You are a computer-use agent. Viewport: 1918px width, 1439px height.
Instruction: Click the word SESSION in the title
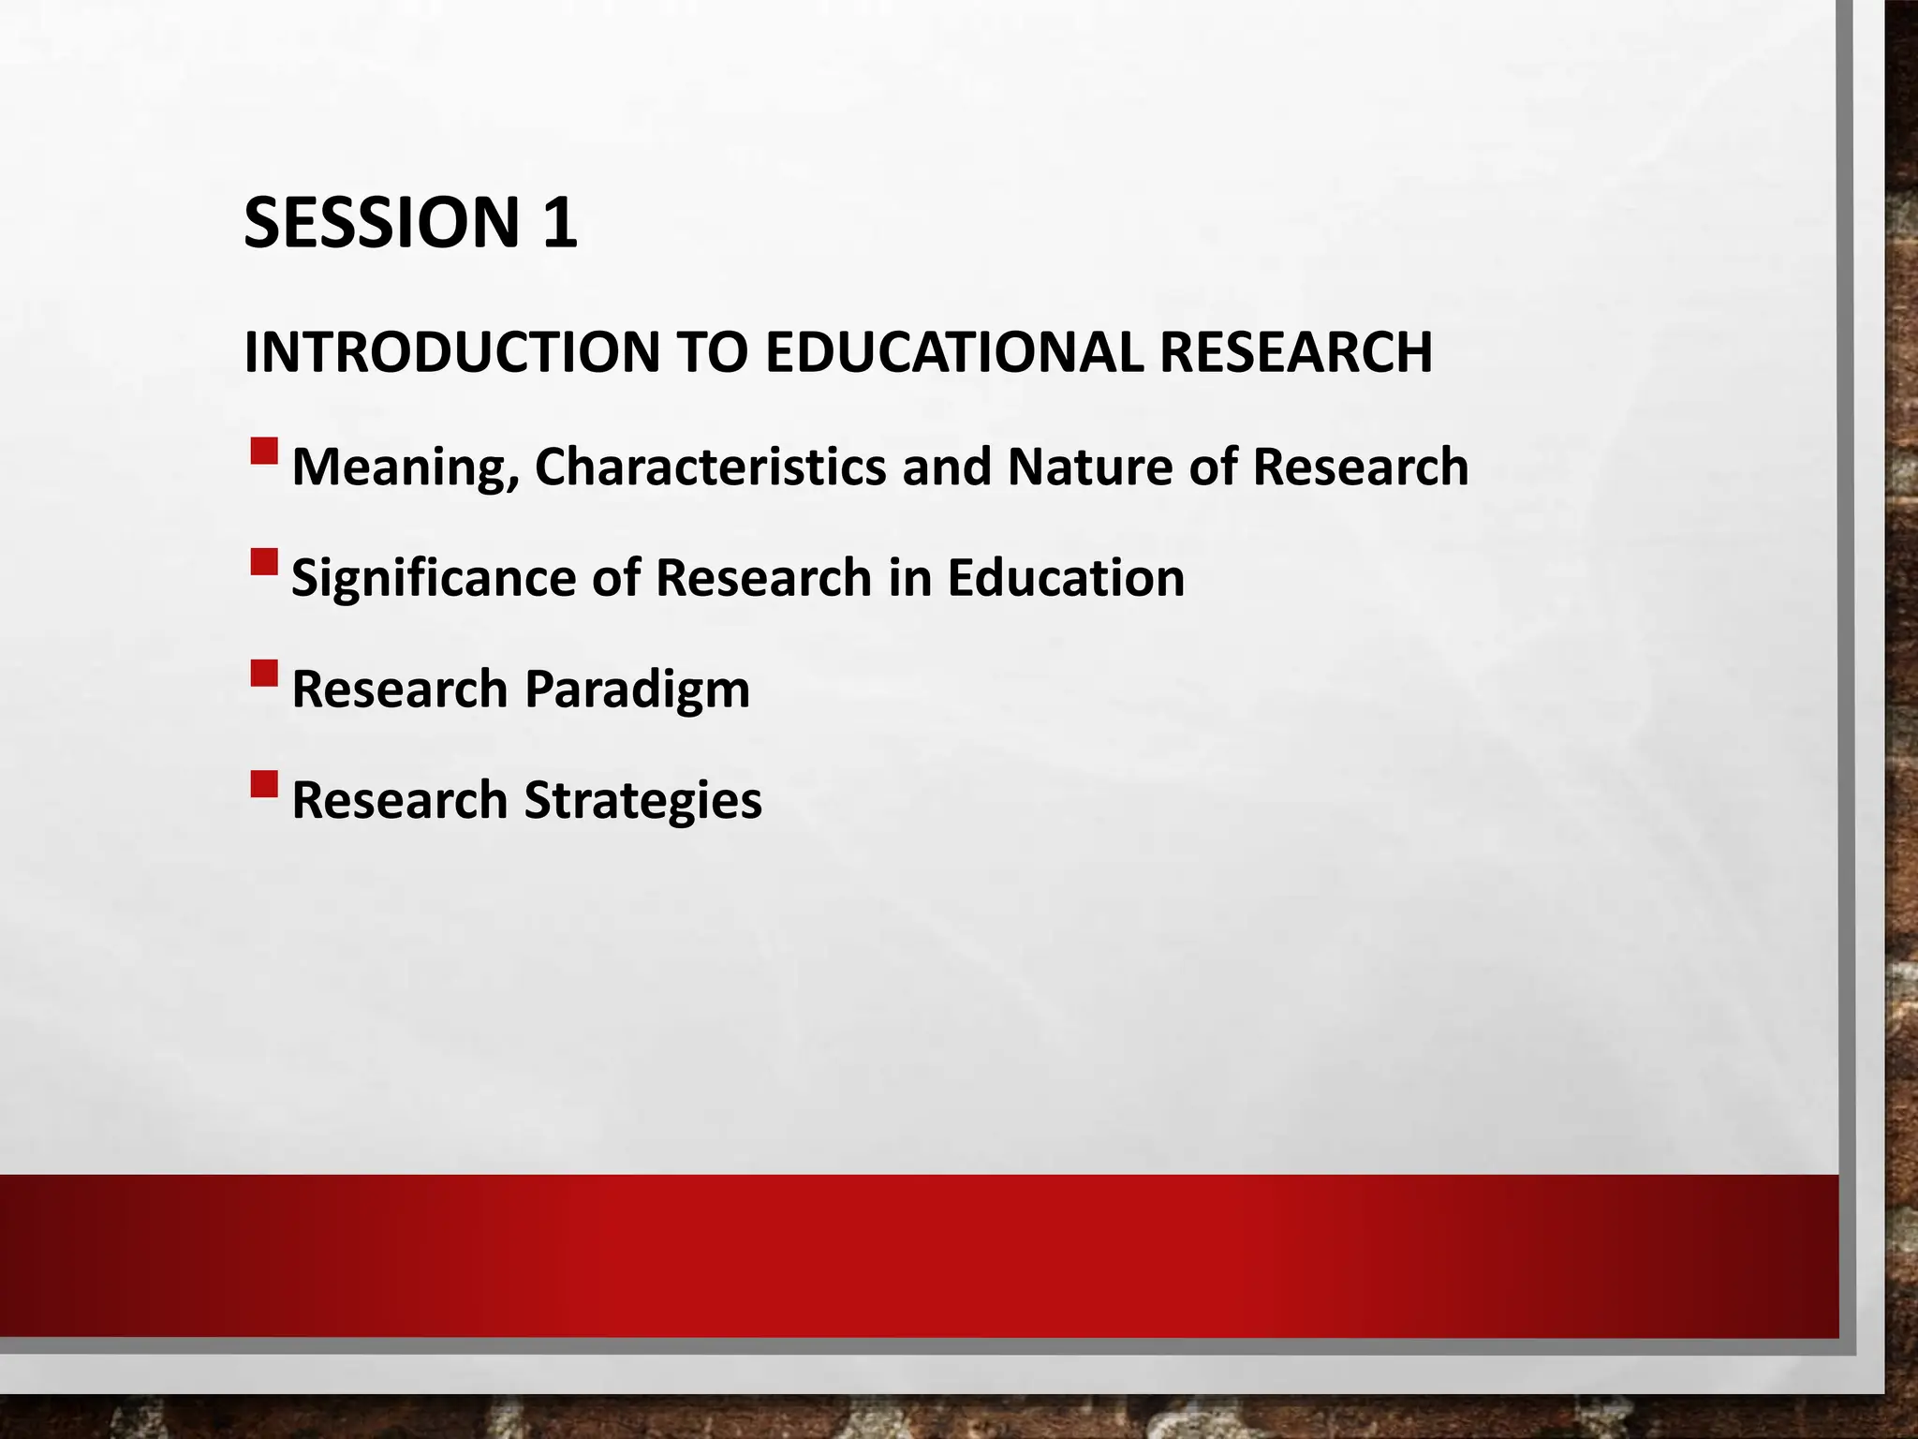[380, 223]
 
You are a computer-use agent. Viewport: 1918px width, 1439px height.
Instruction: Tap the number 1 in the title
[558, 223]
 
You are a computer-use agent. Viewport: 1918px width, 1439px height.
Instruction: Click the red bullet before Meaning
[264, 452]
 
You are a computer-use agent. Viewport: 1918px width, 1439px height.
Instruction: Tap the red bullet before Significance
[264, 562]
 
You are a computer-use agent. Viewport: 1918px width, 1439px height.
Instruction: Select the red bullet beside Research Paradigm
[264, 674]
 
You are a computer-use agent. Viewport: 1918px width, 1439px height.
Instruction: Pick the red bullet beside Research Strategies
[264, 783]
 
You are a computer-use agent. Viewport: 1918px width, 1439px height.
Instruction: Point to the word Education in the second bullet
[1066, 577]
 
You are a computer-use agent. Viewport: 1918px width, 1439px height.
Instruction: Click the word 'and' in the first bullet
[946, 467]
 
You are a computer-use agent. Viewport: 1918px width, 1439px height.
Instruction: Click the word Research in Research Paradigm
[400, 689]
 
